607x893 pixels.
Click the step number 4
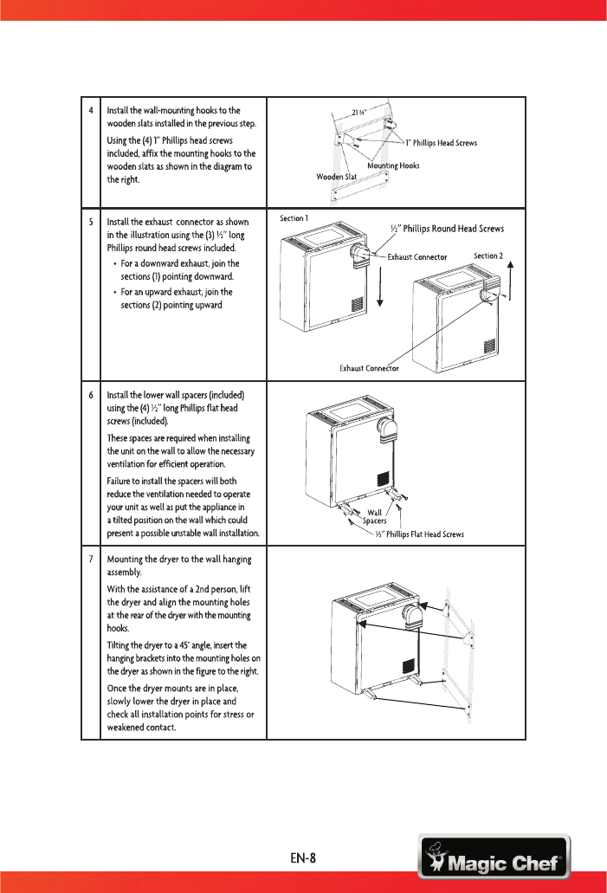pos(91,111)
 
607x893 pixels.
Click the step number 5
pos(91,223)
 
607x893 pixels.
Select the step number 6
pos(91,395)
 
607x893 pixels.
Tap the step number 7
pos(91,559)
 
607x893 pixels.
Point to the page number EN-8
pos(304,860)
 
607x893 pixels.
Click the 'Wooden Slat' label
pos(336,176)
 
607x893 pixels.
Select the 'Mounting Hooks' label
pos(393,165)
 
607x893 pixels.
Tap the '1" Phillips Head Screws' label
pos(442,143)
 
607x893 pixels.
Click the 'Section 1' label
pos(294,217)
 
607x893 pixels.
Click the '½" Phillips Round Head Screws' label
pos(448,229)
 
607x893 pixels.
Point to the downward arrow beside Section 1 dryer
pos(381,288)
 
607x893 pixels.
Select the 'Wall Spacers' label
pos(374,516)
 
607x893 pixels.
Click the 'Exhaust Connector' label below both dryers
pos(368,369)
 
